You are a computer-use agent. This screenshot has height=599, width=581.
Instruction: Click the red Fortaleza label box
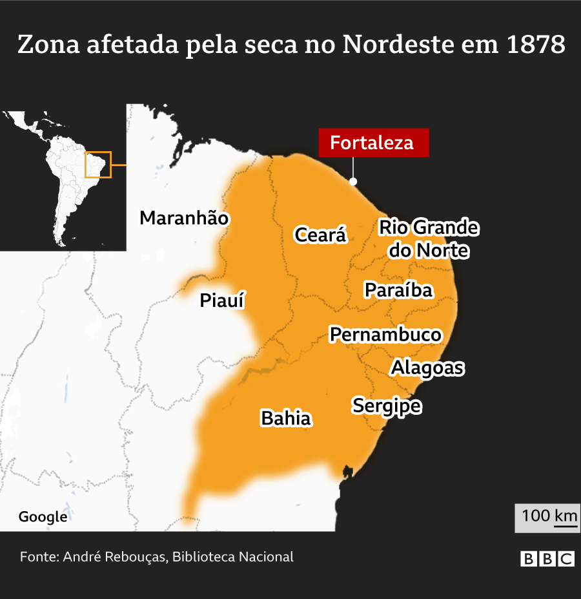tap(372, 143)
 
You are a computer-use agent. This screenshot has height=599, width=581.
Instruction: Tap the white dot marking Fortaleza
tap(353, 182)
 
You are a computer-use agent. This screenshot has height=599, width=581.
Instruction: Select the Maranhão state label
tap(184, 218)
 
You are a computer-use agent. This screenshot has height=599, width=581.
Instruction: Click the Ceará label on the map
tap(320, 235)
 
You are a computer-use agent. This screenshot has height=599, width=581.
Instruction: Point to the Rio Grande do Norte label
tap(429, 238)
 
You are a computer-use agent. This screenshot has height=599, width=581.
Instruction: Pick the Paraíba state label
tap(398, 290)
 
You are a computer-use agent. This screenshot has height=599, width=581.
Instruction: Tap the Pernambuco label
tap(385, 335)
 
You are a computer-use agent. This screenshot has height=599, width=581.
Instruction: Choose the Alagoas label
tap(427, 368)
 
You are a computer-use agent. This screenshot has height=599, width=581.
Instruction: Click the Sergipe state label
tap(386, 406)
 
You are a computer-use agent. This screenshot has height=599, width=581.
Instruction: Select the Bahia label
tap(285, 419)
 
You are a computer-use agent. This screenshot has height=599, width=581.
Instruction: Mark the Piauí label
tap(222, 301)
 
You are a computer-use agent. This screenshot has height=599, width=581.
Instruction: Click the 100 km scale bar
tap(549, 518)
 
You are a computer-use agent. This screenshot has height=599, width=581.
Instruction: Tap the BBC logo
tap(547, 559)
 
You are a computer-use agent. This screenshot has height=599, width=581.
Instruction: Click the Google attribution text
tap(43, 517)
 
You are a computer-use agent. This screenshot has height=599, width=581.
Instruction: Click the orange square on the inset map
tap(98, 165)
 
